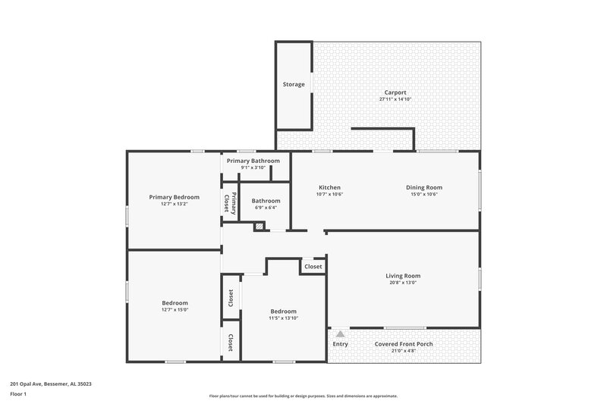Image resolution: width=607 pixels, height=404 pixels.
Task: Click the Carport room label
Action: (395, 92)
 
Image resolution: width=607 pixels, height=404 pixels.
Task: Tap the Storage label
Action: (294, 84)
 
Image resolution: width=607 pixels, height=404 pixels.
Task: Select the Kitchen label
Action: (329, 187)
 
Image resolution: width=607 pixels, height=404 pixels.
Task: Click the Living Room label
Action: (403, 276)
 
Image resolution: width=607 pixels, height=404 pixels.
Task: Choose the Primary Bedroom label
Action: (174, 197)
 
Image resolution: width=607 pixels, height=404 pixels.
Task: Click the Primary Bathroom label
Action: (253, 161)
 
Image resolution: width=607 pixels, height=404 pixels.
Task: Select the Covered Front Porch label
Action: (404, 343)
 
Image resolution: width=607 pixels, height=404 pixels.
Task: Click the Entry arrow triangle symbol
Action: (341, 333)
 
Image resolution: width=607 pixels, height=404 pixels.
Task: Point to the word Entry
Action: (341, 344)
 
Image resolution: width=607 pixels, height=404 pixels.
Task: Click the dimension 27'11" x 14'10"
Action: (395, 99)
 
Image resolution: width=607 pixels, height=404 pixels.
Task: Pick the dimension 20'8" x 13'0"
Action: (403, 283)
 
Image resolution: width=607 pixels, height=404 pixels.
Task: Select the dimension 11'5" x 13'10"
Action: (284, 318)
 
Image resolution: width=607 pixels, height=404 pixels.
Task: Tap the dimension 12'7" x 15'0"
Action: (174, 309)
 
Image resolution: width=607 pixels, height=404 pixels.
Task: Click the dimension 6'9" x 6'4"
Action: (266, 208)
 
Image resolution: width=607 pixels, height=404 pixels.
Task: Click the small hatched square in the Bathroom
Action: (259, 225)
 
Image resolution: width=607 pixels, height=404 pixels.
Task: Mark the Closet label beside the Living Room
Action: (313, 267)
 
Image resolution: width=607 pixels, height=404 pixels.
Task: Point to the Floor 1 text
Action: (18, 395)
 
